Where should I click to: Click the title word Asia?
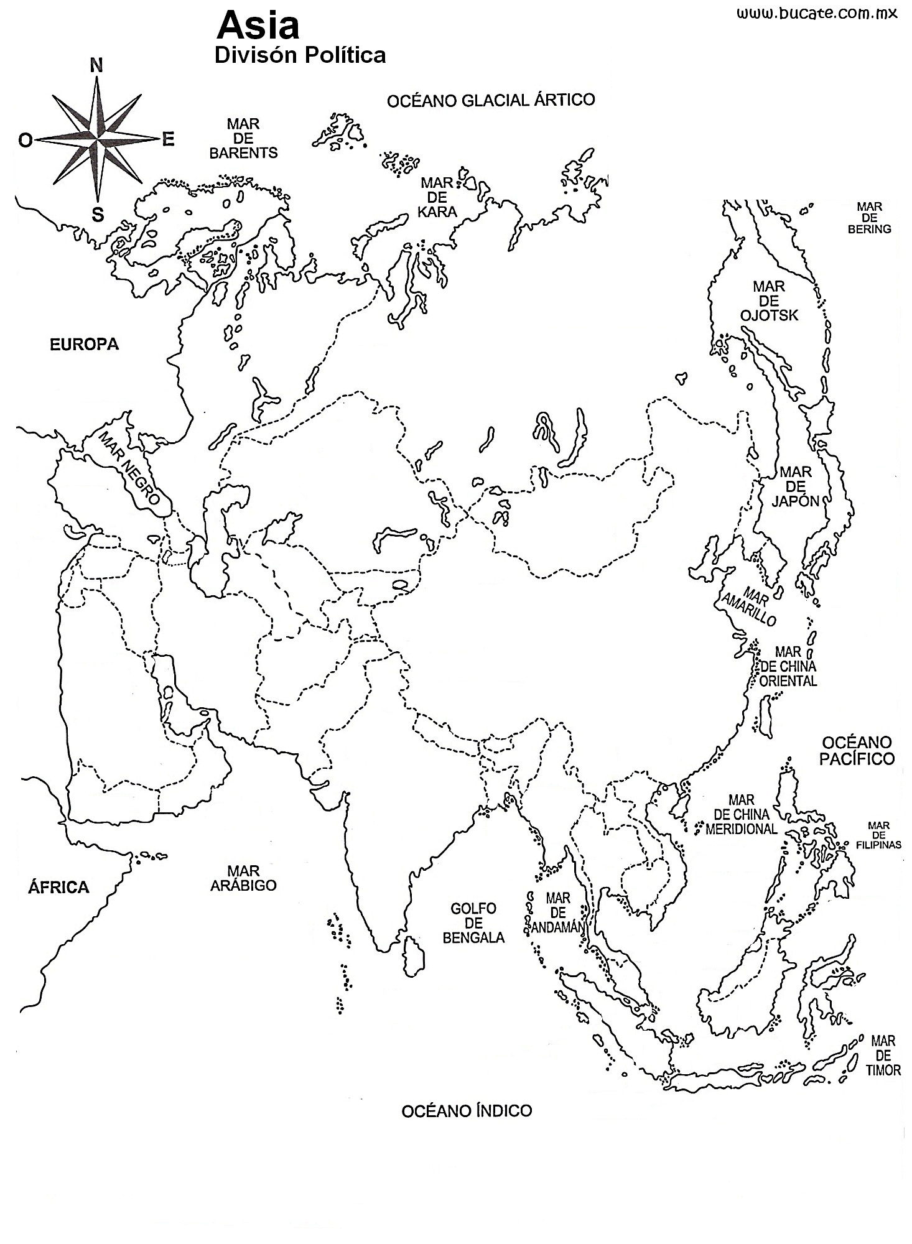258,26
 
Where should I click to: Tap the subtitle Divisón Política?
300,55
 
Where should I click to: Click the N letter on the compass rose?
97,65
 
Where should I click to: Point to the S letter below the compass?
98,215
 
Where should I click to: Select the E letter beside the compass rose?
168,140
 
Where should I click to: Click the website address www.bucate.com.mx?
817,14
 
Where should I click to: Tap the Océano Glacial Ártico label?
491,100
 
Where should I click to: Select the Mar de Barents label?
243,138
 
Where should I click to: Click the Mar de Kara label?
437,197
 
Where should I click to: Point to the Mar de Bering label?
869,218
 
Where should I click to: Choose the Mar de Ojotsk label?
769,301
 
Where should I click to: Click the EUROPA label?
84,344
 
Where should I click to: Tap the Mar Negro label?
131,467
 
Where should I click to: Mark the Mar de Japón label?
795,486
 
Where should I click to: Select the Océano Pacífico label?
857,750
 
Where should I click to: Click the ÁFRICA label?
58,887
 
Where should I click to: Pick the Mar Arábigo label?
243,878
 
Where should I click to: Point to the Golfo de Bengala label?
473,923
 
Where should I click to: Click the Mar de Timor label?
883,1055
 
